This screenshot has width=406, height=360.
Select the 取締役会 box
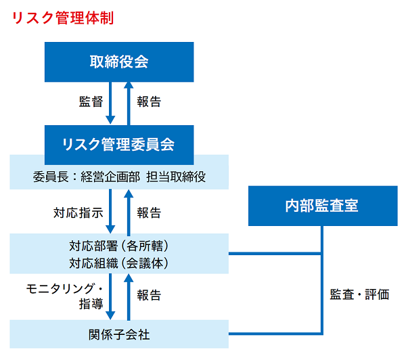pyautogui.click(x=119, y=62)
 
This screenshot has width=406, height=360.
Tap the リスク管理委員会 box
pyautogui.click(x=119, y=143)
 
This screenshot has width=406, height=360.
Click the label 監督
pyautogui.click(x=91, y=102)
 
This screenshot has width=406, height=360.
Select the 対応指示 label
pyautogui.click(x=78, y=212)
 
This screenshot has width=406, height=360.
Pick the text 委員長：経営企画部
pyautogui.click(x=86, y=177)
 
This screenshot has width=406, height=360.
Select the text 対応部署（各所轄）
pyautogui.click(x=119, y=245)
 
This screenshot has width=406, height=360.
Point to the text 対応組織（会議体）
pyautogui.click(x=119, y=262)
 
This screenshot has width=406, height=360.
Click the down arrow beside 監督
pyautogui.click(x=111, y=104)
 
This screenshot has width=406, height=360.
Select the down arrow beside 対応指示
pyautogui.click(x=111, y=212)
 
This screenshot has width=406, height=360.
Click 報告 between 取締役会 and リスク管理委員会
pyautogui.click(x=149, y=102)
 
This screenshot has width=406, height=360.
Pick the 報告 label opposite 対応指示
pyautogui.click(x=149, y=212)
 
